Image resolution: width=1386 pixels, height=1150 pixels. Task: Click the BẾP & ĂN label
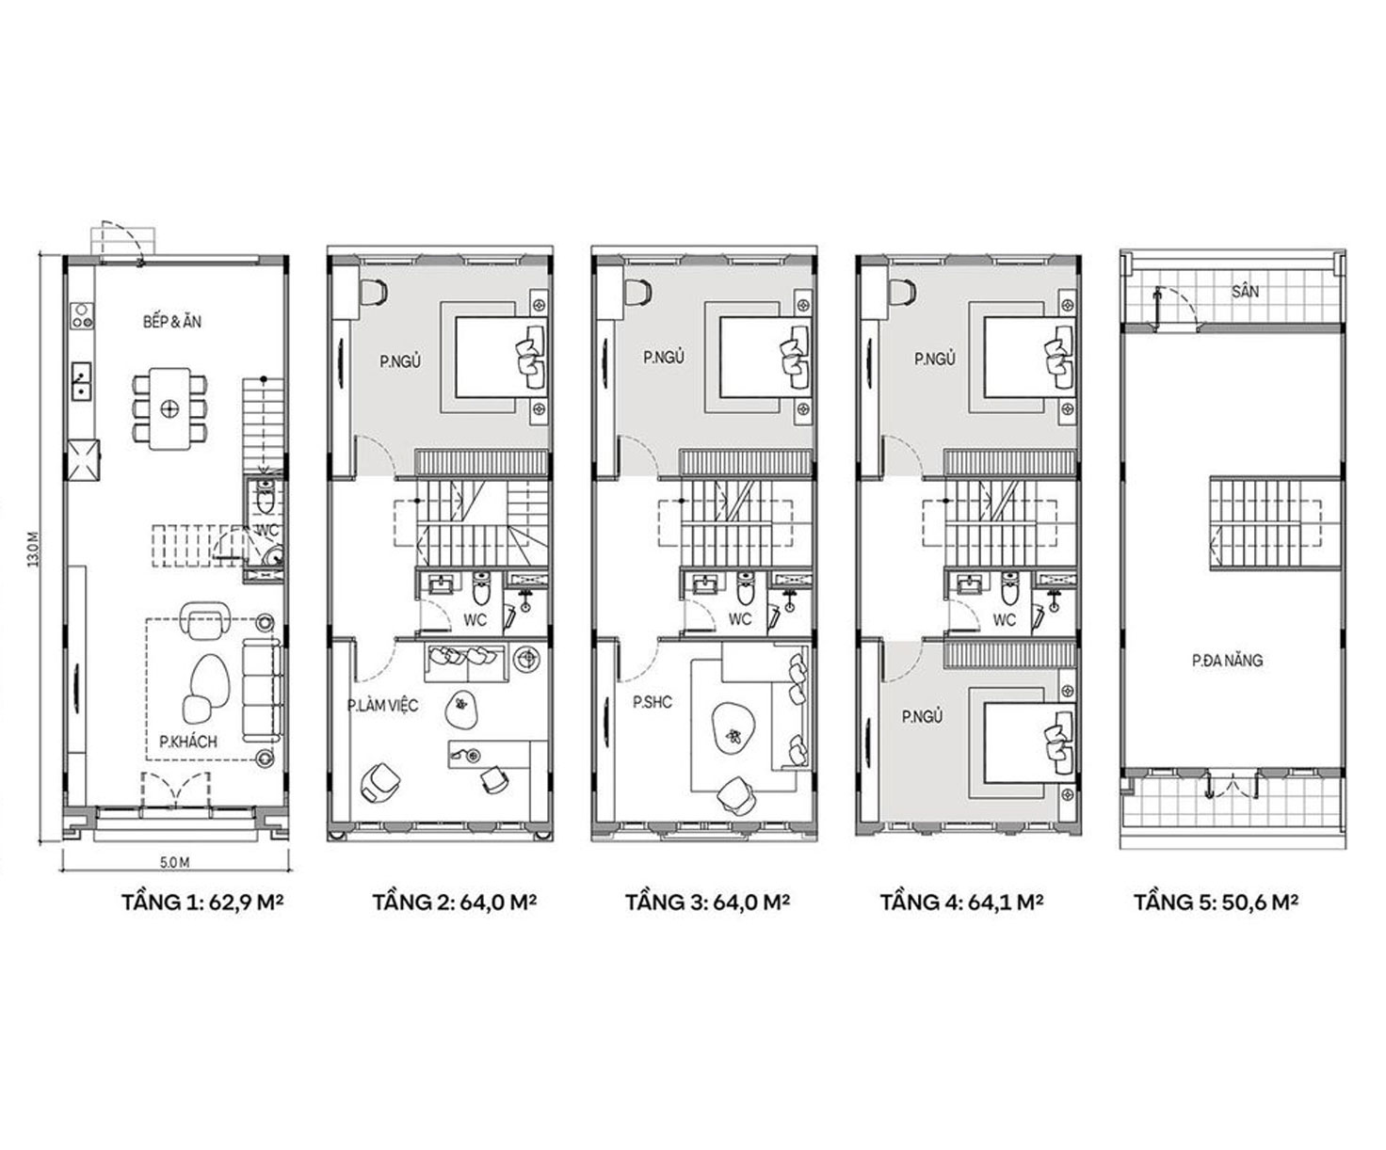coord(172,322)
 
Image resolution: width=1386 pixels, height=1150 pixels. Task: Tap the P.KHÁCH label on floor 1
coord(188,742)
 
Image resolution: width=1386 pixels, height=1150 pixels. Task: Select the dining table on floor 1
coord(169,408)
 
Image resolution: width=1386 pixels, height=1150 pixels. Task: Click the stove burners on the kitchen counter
coord(82,316)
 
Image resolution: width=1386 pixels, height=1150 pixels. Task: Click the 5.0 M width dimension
coord(174,863)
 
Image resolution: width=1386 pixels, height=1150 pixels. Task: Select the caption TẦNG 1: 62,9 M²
coord(202,902)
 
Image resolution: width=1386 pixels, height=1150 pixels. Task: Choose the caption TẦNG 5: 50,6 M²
coord(1216,902)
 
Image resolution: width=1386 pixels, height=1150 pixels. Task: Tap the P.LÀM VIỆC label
coord(382,705)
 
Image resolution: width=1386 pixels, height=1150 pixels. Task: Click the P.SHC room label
coord(653,702)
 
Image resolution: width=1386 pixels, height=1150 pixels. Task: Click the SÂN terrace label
coord(1246,292)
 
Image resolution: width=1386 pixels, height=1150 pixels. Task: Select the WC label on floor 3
coord(739,619)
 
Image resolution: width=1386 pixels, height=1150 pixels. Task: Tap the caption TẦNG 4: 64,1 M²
coord(962,902)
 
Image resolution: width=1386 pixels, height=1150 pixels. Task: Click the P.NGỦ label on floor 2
coord(400,361)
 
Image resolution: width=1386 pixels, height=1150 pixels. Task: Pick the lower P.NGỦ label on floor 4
coord(922,717)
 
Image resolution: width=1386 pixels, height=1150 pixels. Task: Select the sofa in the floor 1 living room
coord(261,690)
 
